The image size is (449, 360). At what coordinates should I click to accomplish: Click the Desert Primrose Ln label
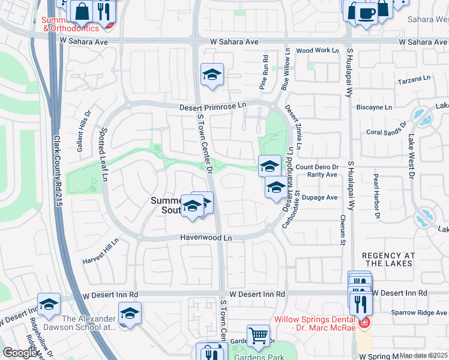[x=213, y=107]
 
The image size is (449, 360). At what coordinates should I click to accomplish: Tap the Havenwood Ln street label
[x=206, y=238]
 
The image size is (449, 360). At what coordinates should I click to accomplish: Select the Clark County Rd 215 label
[x=58, y=167]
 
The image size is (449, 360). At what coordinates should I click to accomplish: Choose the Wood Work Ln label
[x=318, y=51]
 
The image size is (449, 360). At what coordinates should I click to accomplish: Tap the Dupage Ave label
[x=321, y=197]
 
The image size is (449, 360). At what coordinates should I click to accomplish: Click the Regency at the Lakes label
[x=387, y=259]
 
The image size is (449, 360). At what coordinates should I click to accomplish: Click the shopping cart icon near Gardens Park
[x=259, y=336]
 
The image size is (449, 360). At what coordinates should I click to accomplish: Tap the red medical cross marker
[x=363, y=323]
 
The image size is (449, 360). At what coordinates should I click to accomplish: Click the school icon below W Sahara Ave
[x=212, y=74]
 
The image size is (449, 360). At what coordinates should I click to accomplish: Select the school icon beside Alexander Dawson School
[x=130, y=314]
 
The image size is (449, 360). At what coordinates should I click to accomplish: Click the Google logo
[x=20, y=353]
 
